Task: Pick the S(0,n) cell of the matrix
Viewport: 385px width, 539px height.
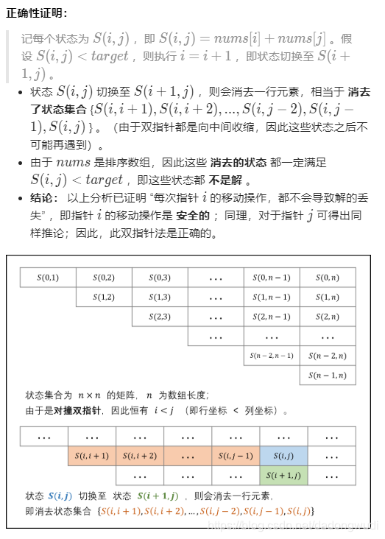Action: pyautogui.click(x=328, y=278)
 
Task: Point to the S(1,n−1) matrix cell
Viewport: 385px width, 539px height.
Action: pyautogui.click(x=272, y=297)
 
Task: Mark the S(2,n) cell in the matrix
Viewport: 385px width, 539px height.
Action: pyautogui.click(x=328, y=317)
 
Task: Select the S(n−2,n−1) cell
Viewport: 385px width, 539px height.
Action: pyautogui.click(x=272, y=356)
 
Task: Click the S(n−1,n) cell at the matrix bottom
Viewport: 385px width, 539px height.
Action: pyautogui.click(x=328, y=376)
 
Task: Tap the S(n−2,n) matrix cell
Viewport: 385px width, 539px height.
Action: pyautogui.click(x=328, y=356)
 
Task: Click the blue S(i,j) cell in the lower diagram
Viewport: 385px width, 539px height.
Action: pyautogui.click(x=283, y=456)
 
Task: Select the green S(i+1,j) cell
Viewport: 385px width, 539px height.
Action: pyautogui.click(x=283, y=475)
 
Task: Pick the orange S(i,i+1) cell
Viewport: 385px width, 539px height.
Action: pyautogui.click(x=91, y=456)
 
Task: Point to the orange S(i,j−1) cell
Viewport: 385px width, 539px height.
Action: pyautogui.click(x=236, y=456)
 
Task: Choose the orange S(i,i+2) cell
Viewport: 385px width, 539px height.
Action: pyautogui.click(x=140, y=456)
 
